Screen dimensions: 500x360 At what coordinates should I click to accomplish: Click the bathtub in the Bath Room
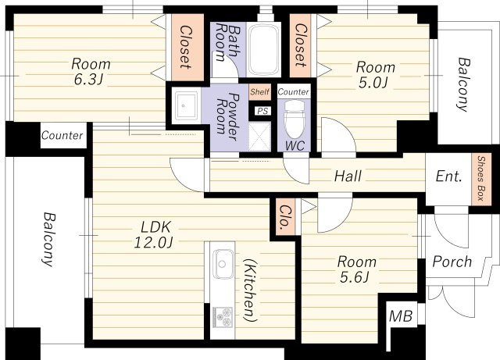click(263, 49)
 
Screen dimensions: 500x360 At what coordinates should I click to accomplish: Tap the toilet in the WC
click(294, 119)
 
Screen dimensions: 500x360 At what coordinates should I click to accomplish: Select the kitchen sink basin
click(223, 263)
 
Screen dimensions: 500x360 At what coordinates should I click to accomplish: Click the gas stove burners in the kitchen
click(223, 316)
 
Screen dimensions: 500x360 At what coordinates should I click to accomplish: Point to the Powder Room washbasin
click(186, 105)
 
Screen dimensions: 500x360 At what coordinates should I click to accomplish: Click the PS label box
click(262, 111)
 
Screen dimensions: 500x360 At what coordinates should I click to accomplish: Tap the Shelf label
click(259, 92)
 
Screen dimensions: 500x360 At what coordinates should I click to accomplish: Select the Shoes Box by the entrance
click(481, 179)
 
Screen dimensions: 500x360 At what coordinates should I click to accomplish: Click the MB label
click(401, 316)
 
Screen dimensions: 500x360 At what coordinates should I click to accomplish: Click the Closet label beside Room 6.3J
click(186, 47)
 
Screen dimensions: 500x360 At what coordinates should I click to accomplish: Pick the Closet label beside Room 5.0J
click(300, 45)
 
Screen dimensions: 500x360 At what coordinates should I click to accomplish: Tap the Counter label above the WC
click(294, 92)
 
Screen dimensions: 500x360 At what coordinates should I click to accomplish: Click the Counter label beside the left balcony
click(62, 135)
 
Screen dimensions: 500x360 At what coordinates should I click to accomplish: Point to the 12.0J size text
click(153, 242)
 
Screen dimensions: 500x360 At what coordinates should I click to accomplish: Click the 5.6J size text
click(355, 277)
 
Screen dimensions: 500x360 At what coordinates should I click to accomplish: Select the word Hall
click(348, 176)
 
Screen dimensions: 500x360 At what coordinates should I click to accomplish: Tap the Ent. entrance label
click(449, 176)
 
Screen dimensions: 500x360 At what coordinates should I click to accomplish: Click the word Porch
click(452, 262)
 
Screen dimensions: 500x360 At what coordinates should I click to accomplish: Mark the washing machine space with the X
click(259, 137)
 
